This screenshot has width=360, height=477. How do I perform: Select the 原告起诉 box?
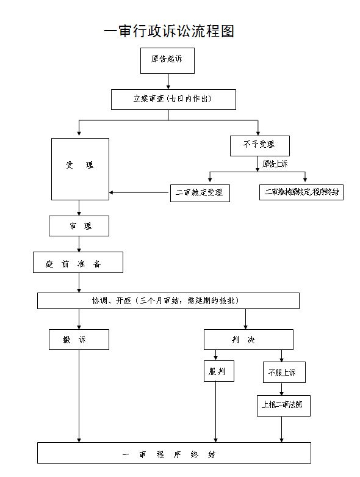[168, 59]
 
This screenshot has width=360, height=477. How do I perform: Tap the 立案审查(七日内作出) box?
[173, 100]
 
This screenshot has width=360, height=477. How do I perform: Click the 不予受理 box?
[259, 145]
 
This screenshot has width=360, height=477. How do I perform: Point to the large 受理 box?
[80, 169]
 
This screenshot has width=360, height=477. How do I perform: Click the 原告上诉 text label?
[275, 164]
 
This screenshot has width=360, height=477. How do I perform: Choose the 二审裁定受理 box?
[200, 192]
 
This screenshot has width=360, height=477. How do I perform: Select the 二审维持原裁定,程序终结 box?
[301, 192]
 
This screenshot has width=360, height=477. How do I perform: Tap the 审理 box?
[79, 226]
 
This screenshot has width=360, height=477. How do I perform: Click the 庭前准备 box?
[78, 263]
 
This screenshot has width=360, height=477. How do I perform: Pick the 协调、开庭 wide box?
[168, 300]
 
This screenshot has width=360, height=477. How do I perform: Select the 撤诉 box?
[79, 340]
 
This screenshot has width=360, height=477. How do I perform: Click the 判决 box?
[248, 340]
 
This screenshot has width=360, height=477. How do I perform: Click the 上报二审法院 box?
[283, 404]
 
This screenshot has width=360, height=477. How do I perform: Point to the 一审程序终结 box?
[174, 454]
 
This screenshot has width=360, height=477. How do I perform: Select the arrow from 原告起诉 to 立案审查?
[168, 81]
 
